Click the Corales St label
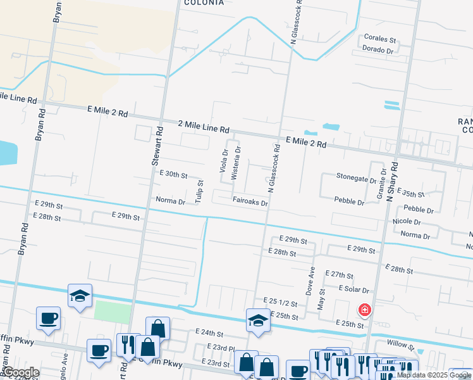tap(379, 38)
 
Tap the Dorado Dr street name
tap(378, 49)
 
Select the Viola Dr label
tap(224, 161)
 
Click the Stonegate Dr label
tap(357, 179)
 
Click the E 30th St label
tap(174, 174)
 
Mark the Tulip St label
tap(200, 191)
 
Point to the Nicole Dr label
tap(407, 222)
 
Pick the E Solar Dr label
tap(353, 289)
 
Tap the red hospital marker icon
tap(365, 310)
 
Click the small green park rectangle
tap(113, 311)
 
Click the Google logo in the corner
tap(21, 372)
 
